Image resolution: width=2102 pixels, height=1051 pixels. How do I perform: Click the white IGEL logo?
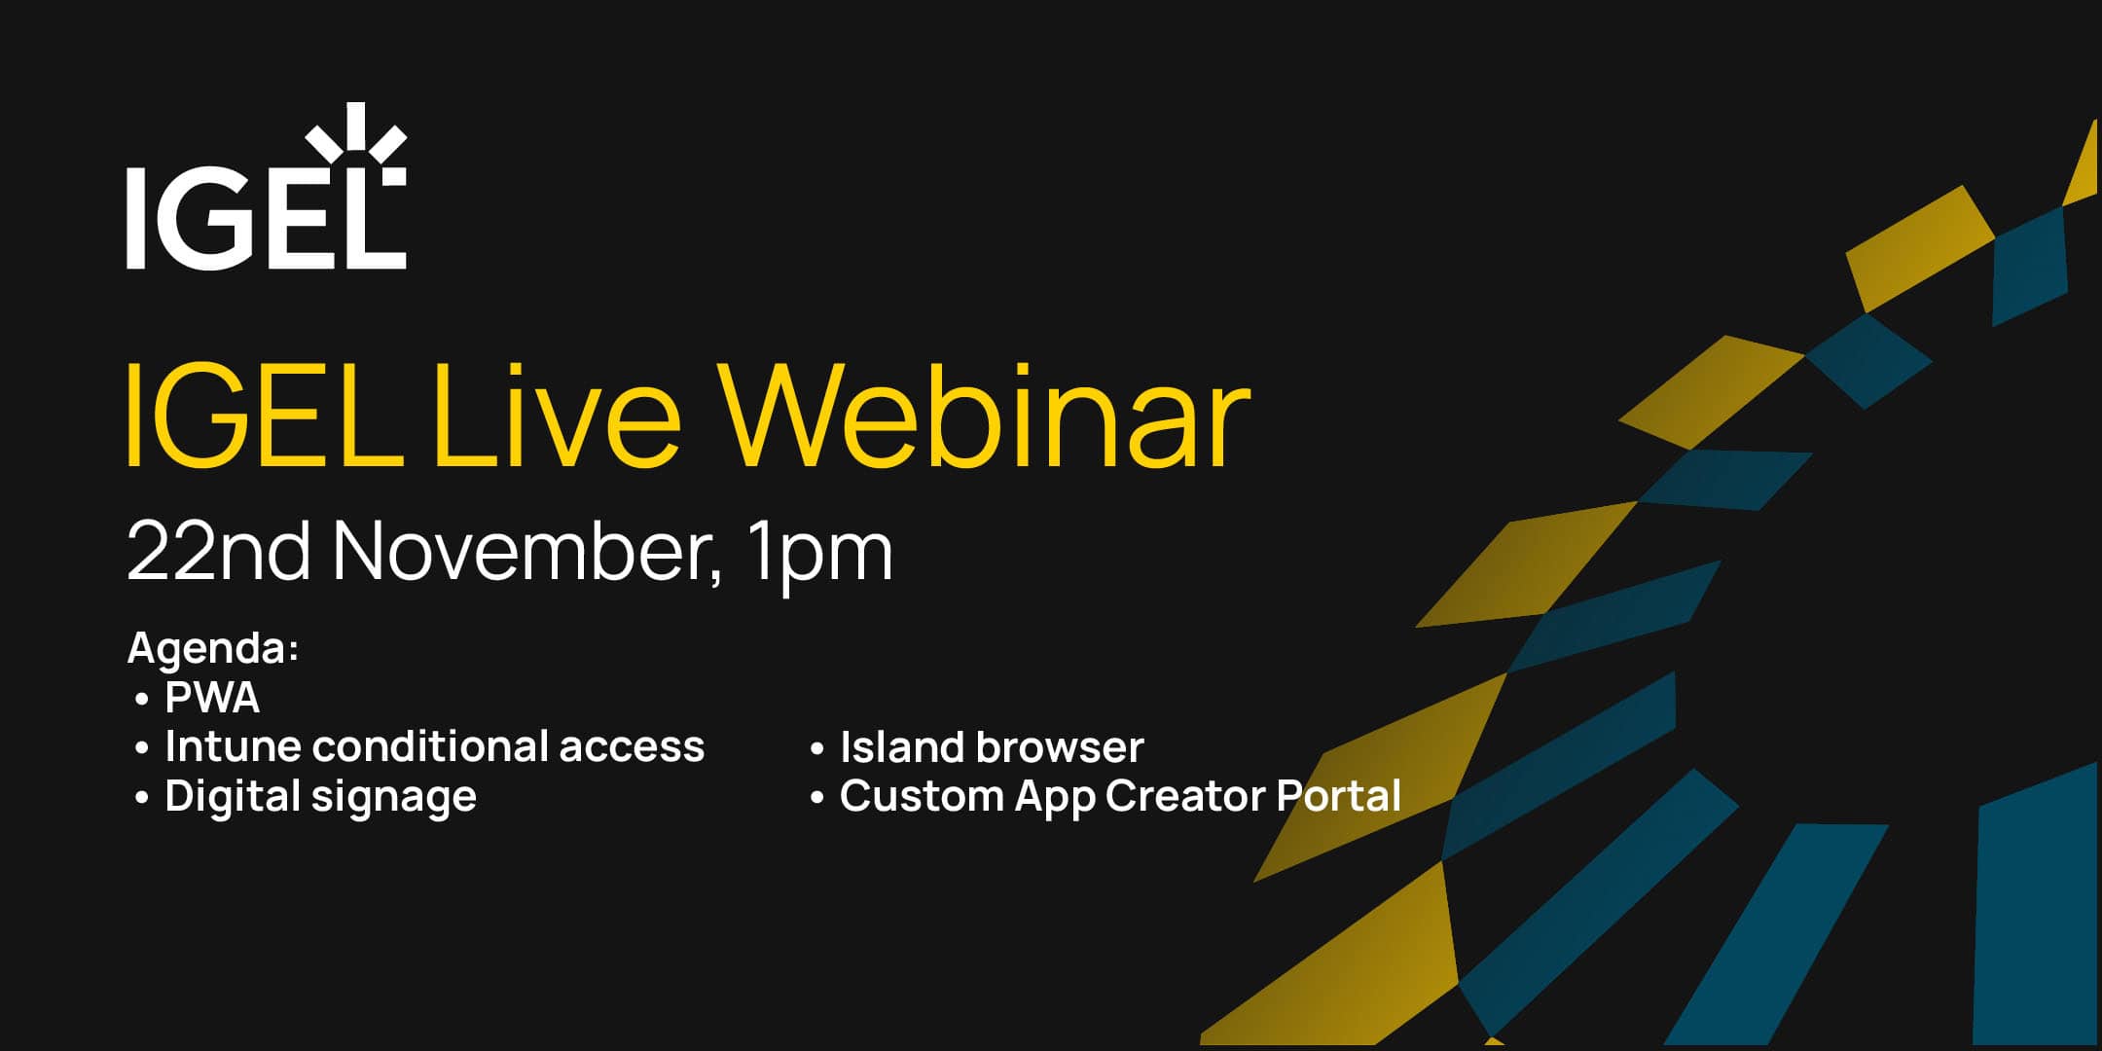click(265, 216)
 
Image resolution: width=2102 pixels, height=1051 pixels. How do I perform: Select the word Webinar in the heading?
click(983, 417)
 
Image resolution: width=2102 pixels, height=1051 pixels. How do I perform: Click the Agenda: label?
click(212, 648)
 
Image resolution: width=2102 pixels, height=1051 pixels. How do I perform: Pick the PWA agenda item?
click(212, 698)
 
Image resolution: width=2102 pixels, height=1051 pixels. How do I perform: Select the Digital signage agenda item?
click(320, 797)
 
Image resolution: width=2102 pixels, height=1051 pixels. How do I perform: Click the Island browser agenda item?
click(991, 747)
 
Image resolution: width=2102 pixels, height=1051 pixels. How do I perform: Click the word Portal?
click(1338, 796)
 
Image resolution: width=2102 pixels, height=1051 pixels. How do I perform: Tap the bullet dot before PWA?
click(142, 700)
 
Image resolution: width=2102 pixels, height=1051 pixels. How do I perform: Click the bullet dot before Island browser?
click(817, 749)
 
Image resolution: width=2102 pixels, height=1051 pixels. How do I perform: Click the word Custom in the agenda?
click(921, 796)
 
